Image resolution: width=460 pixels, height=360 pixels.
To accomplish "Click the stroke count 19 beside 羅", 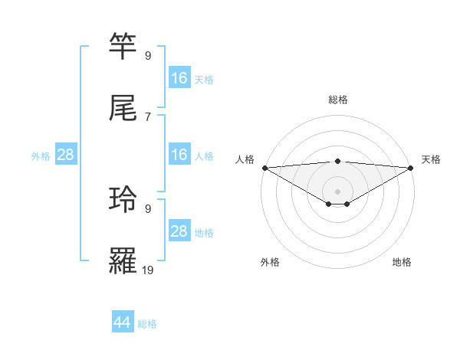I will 148,270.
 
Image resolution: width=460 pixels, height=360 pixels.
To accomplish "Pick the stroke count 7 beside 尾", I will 148,116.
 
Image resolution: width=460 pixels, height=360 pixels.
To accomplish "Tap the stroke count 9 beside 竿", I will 148,55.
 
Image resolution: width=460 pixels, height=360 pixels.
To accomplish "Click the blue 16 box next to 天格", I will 179,78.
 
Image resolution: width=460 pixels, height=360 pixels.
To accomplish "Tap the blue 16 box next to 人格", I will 179,155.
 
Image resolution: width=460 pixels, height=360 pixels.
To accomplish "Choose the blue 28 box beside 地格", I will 179,231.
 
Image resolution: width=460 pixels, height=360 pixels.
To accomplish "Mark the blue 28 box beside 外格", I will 66,155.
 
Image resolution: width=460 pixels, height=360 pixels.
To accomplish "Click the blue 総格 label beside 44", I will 147,324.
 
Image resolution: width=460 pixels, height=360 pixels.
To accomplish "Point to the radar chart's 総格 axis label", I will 338,100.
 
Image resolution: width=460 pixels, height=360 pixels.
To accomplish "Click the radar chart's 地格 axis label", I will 402,263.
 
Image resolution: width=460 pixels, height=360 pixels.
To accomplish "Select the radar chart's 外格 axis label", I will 270,263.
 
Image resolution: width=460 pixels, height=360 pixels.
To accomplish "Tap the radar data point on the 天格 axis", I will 411,168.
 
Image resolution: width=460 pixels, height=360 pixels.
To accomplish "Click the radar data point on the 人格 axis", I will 264,168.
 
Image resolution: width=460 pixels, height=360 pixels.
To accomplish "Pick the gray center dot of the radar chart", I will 338,191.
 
